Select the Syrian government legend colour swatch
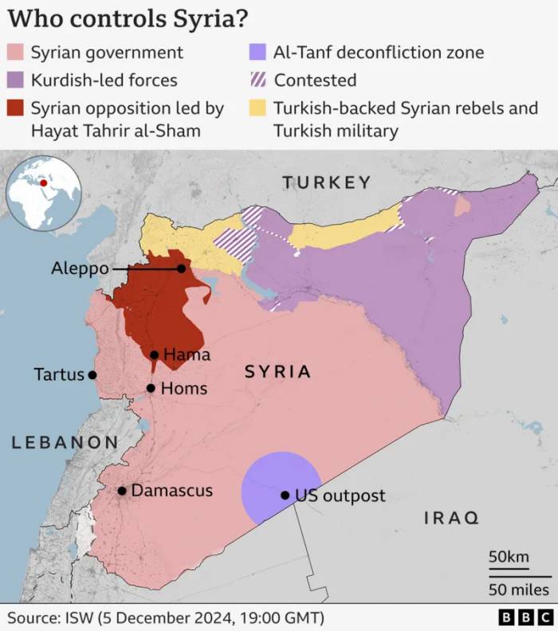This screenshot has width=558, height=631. [16, 53]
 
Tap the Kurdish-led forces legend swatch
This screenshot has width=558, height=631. [16, 80]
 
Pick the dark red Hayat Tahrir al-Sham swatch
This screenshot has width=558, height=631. [16, 108]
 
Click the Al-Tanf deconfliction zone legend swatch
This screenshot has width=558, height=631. [257, 53]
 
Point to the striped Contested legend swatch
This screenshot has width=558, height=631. [257, 80]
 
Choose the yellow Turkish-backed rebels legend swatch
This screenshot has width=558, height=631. [257, 108]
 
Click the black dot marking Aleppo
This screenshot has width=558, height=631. [182, 268]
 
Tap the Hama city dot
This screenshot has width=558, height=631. [154, 355]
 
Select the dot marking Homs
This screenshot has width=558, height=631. [151, 388]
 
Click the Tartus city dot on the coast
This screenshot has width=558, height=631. [92, 374]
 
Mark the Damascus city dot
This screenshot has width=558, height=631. [122, 491]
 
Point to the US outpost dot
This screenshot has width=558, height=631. [285, 495]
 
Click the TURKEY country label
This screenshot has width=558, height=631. [327, 182]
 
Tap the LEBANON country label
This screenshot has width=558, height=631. [65, 442]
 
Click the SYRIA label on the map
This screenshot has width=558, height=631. [277, 371]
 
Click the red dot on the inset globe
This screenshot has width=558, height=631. [44, 182]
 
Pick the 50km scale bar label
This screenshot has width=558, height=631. [509, 556]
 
